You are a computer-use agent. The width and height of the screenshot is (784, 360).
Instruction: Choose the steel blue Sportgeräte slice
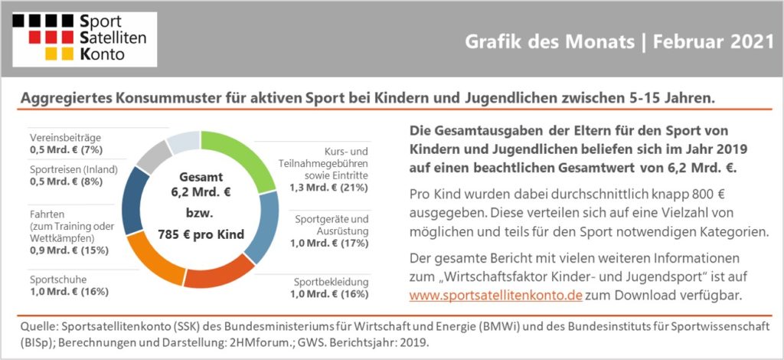pyautogui.click(x=263, y=227)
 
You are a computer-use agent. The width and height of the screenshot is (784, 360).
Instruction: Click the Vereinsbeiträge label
pyautogui.click(x=66, y=138)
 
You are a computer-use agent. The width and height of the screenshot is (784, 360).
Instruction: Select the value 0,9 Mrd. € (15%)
pyautogui.click(x=69, y=250)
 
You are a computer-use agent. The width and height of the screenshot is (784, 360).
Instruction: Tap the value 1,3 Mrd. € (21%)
pyautogui.click(x=329, y=188)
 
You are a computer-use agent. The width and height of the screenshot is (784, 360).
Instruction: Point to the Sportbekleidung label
pyautogui.click(x=331, y=282)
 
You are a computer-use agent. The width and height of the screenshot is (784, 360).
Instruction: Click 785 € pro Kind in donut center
pyautogui.click(x=201, y=234)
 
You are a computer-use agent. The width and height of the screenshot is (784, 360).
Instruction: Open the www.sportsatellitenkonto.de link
pyautogui.click(x=495, y=295)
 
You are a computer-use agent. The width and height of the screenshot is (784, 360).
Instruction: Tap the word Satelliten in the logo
pyautogui.click(x=113, y=37)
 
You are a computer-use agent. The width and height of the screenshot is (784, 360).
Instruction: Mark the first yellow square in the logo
pyautogui.click(x=51, y=54)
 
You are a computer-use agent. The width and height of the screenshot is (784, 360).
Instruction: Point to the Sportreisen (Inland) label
pyautogui.click(x=73, y=169)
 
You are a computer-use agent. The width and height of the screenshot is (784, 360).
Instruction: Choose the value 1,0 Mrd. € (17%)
pyautogui.click(x=329, y=244)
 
